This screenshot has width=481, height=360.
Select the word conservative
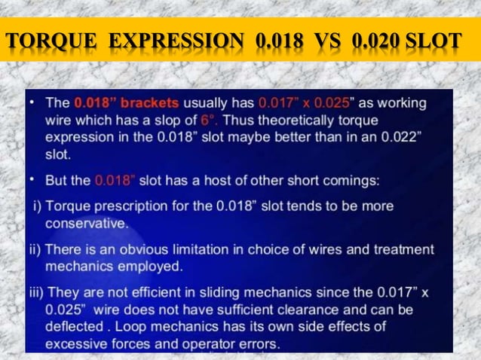coord(85,223)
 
